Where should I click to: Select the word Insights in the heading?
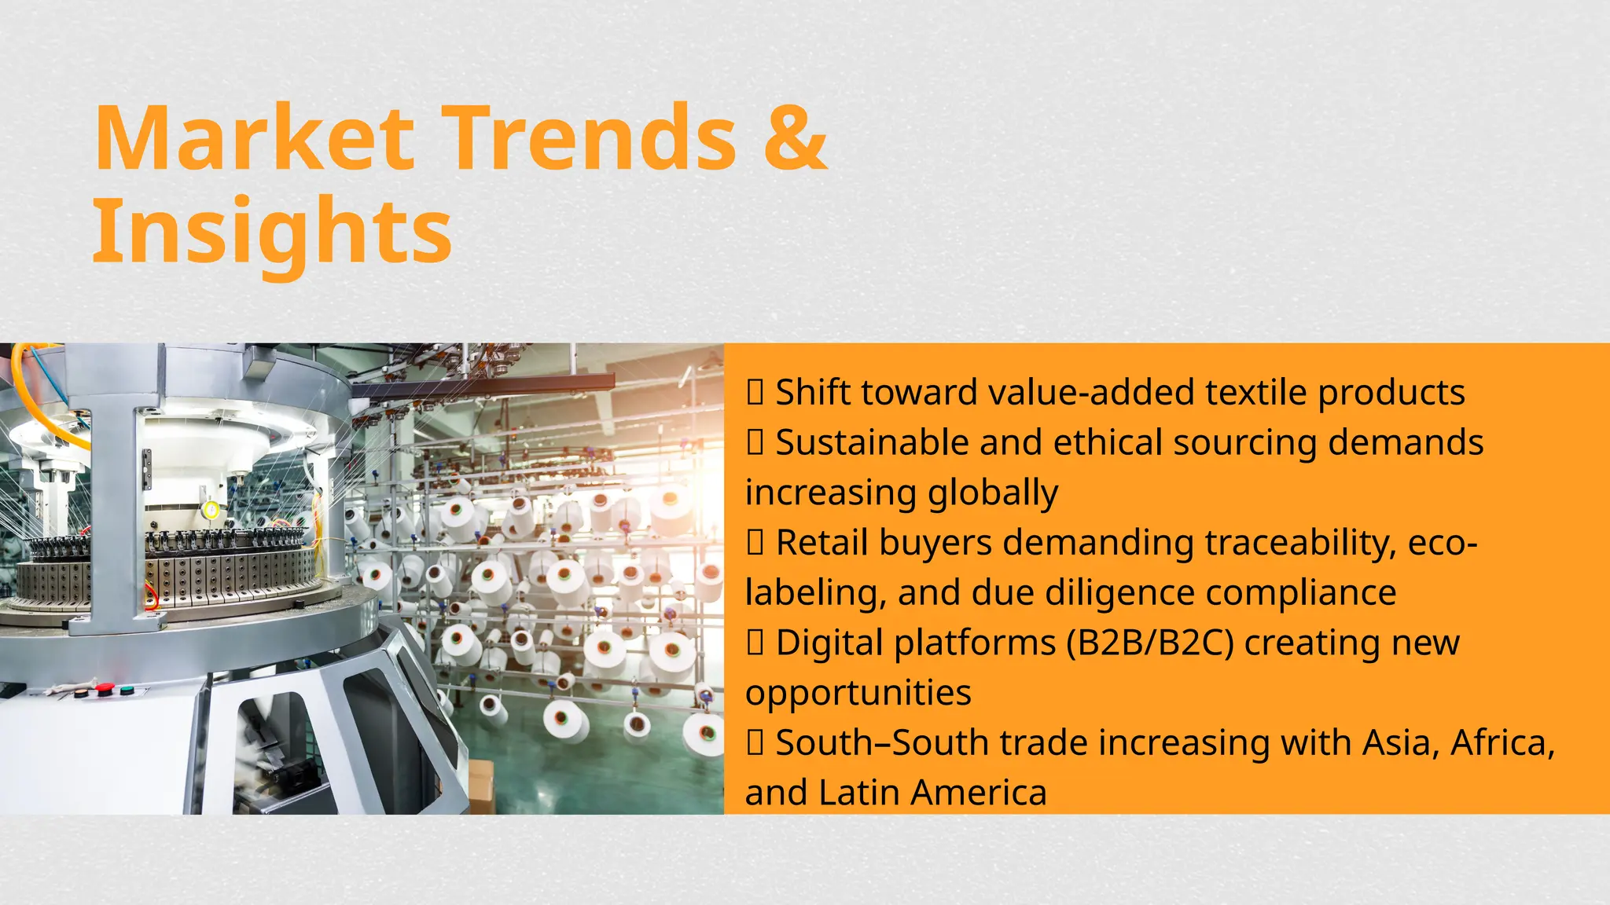point(272,232)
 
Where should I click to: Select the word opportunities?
point(858,694)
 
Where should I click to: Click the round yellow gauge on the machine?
point(211,511)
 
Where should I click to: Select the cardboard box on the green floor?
point(480,786)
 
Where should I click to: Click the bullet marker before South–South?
point(755,743)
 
